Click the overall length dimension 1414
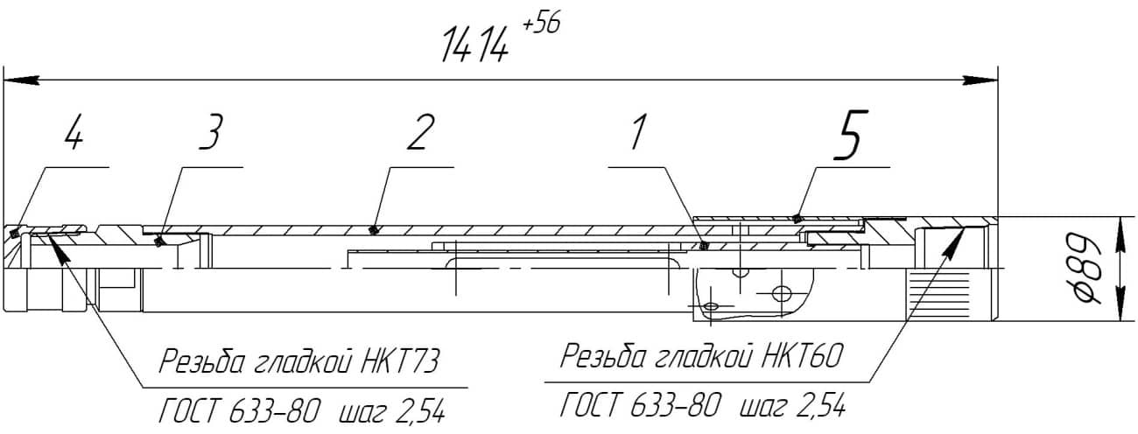475,45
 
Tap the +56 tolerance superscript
541,24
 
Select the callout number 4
74,132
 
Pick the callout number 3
211,132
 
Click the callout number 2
422,132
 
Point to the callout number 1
639,132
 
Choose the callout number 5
851,135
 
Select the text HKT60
802,356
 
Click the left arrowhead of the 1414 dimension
21,80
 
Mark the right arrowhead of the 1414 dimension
980,80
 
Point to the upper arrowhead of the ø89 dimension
1120,233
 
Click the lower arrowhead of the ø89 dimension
1120,304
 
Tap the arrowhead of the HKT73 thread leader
60,249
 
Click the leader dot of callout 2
375,230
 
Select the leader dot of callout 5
797,219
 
